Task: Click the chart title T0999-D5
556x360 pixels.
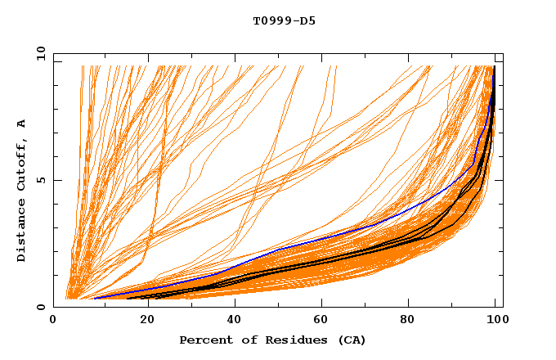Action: pos(284,20)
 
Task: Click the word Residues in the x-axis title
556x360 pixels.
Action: pos(289,340)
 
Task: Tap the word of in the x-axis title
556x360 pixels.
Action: pos(245,340)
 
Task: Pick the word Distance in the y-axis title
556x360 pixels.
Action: pos(21,231)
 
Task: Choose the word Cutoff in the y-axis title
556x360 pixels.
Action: pos(21,167)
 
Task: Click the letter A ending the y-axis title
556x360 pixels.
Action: pos(21,124)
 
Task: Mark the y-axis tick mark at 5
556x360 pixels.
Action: pos(56,180)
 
